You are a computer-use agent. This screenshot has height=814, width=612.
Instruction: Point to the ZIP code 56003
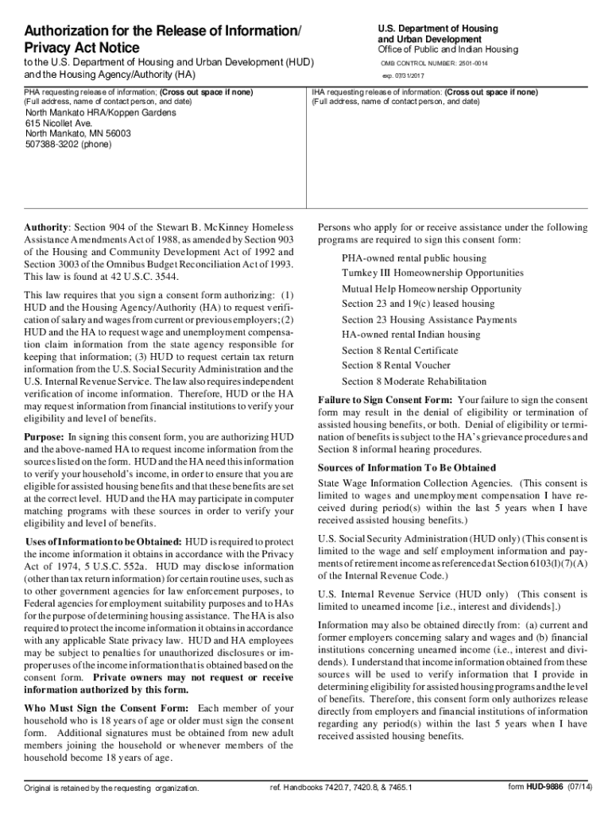tap(118, 134)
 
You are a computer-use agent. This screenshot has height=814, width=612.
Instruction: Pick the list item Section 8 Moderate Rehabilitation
tap(414, 381)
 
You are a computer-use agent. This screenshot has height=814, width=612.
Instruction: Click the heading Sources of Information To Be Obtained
tap(406, 467)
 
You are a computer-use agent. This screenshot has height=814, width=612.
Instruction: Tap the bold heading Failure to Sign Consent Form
tap(385, 400)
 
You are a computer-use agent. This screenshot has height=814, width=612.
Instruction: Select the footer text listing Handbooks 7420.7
tap(341, 788)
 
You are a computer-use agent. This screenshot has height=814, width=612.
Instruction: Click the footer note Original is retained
tap(111, 789)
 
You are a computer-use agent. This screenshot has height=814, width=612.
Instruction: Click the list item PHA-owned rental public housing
tap(413, 258)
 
